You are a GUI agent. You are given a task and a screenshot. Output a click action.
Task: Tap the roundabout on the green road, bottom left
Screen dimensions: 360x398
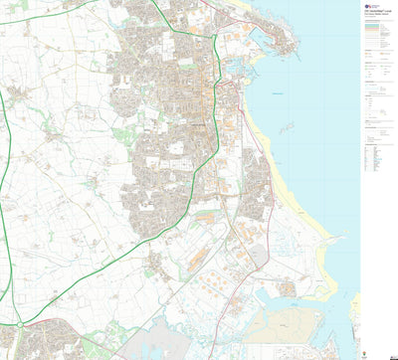click(x=19, y=324)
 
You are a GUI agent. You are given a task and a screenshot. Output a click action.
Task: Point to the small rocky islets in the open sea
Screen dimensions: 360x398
click(x=288, y=127)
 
